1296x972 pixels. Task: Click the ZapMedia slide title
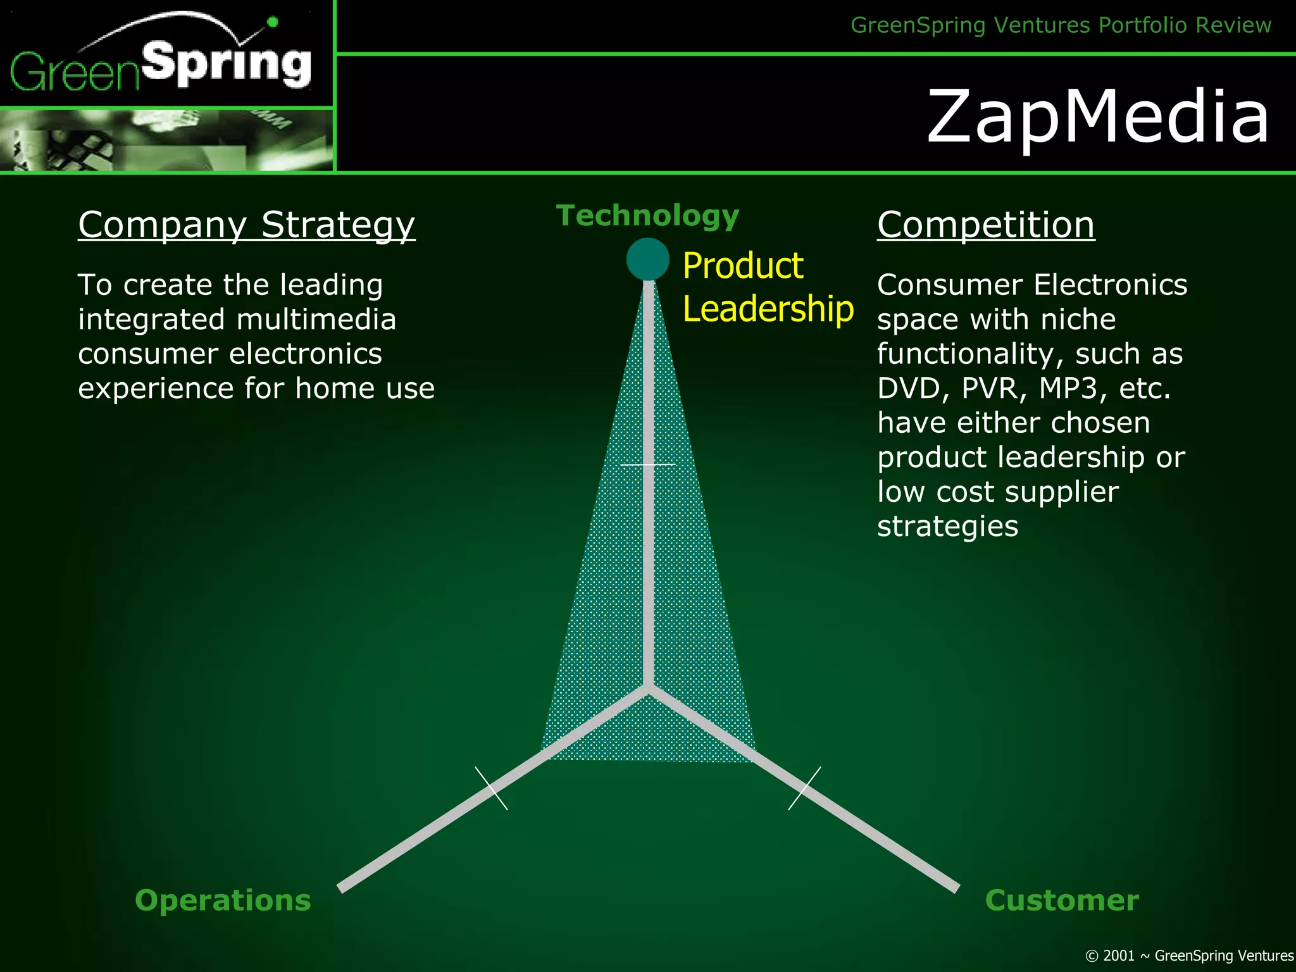(x=1098, y=116)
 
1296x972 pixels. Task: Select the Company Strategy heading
(x=246, y=225)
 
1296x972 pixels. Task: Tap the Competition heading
(x=985, y=225)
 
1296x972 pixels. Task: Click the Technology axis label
(x=647, y=216)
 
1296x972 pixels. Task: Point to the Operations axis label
(x=223, y=900)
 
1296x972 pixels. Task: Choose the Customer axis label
(x=1061, y=900)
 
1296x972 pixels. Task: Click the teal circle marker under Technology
(x=647, y=259)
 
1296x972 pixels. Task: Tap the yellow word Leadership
(x=768, y=309)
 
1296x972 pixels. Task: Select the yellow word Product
(x=742, y=265)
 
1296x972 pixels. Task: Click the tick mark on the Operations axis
(x=491, y=788)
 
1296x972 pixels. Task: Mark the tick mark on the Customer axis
(x=804, y=788)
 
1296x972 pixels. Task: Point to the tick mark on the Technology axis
(x=647, y=464)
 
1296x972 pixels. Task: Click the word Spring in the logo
(x=227, y=64)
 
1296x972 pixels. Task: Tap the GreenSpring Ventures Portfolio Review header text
(x=1061, y=25)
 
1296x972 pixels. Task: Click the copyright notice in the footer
(x=1189, y=956)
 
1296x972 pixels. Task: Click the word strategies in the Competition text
(x=947, y=526)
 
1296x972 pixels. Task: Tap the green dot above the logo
(x=273, y=22)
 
